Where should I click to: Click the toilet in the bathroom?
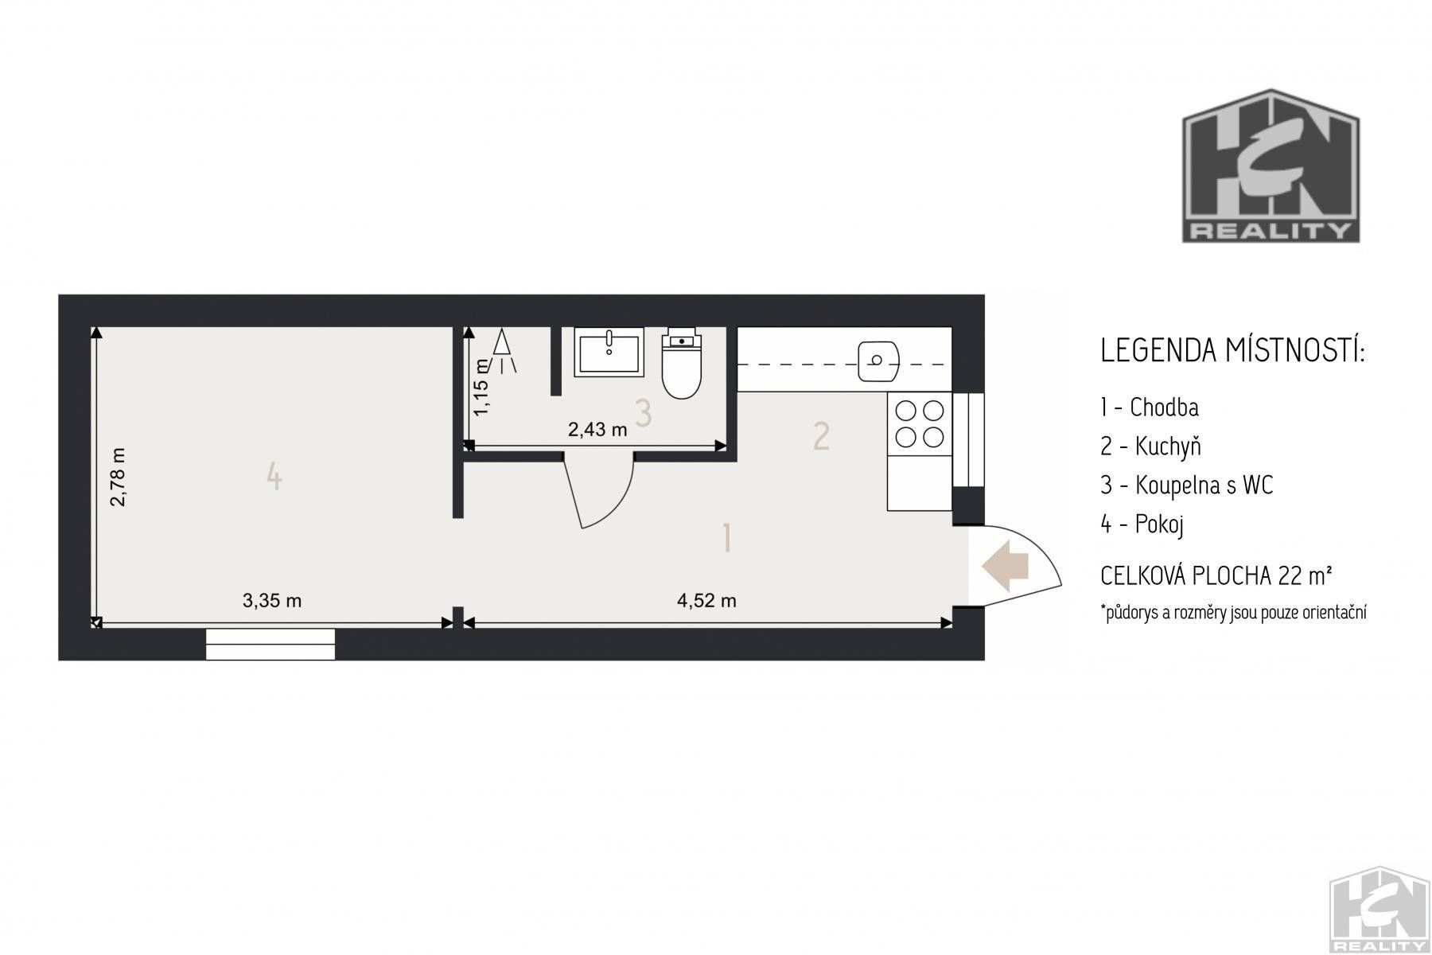click(682, 362)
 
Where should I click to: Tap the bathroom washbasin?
click(609, 352)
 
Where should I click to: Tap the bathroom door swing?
click(597, 490)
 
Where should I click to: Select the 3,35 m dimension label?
click(272, 601)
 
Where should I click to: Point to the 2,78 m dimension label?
click(118, 477)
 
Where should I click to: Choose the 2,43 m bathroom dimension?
click(597, 430)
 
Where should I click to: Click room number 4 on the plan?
click(274, 477)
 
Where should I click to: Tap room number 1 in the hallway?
click(726, 538)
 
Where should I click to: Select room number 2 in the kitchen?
click(821, 436)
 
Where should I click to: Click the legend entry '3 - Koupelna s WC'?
click(1186, 485)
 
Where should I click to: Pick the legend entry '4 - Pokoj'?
click(1142, 524)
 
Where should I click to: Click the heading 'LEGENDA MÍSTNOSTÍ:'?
click(1232, 351)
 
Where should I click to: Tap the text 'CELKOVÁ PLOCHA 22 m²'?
click(1216, 575)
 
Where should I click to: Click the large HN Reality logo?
click(1271, 166)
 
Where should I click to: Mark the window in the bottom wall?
click(270, 644)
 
